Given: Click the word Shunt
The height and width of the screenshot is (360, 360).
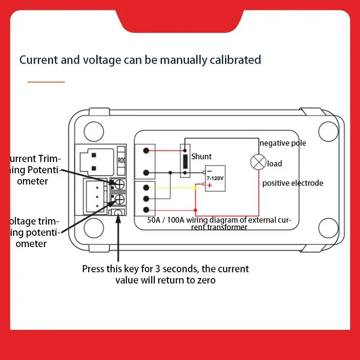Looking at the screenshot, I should pos(202,157).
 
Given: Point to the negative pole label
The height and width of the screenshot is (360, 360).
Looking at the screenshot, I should pos(283,143).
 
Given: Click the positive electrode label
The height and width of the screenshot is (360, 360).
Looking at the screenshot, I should pos(292,183).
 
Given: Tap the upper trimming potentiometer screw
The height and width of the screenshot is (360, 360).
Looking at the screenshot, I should pos(119,184).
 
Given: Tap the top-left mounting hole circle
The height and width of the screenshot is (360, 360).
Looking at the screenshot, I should pos(94,131).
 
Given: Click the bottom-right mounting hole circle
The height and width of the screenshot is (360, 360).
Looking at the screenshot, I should pos(328,228).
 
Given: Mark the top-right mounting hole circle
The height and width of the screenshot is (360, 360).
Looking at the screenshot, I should pos(328,131).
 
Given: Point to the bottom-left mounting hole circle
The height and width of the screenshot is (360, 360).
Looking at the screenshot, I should pos(94,228).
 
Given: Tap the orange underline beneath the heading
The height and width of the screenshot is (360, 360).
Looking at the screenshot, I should pos(46,82).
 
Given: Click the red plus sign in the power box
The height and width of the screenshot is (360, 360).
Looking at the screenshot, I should pos(209,185).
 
